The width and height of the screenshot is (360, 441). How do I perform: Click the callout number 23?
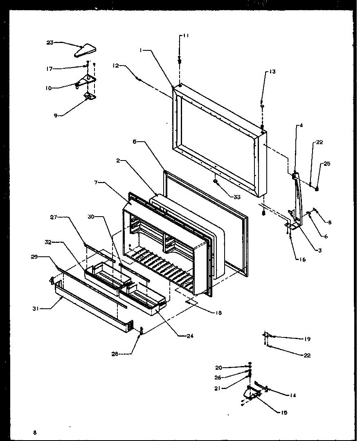50,42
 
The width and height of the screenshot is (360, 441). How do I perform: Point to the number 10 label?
48,88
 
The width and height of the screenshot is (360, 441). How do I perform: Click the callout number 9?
55,115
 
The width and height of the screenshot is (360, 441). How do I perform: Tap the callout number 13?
272,72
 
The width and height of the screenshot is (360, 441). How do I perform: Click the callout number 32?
48,242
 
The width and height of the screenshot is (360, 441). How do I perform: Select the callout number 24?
189,336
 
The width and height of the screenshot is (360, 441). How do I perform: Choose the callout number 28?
115,354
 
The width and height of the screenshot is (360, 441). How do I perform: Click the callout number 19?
307,339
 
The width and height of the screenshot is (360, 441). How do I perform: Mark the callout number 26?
218,378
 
